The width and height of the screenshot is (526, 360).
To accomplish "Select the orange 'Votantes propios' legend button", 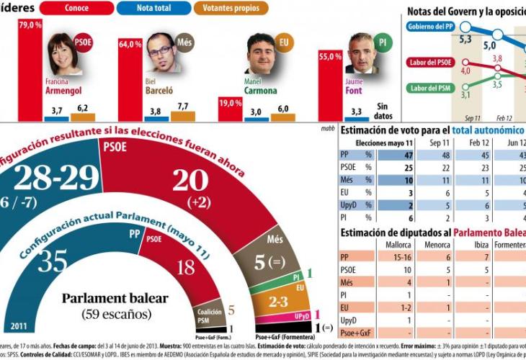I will (x=231, y=8).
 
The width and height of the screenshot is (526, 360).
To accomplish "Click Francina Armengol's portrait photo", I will (x=64, y=55).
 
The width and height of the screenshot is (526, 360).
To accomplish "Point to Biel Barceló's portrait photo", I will (x=163, y=53).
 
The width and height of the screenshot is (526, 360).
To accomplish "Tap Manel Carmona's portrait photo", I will (x=261, y=54).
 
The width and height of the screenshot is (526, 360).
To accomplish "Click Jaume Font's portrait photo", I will (x=362, y=53).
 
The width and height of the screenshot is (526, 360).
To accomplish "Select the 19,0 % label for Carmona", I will (x=231, y=104).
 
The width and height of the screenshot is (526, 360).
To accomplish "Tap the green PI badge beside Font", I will (x=383, y=41).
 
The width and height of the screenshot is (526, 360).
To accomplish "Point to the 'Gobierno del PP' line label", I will (x=429, y=27).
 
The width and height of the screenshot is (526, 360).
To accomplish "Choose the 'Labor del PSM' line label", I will (x=429, y=88).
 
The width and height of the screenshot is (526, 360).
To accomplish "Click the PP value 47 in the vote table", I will (x=409, y=155).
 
